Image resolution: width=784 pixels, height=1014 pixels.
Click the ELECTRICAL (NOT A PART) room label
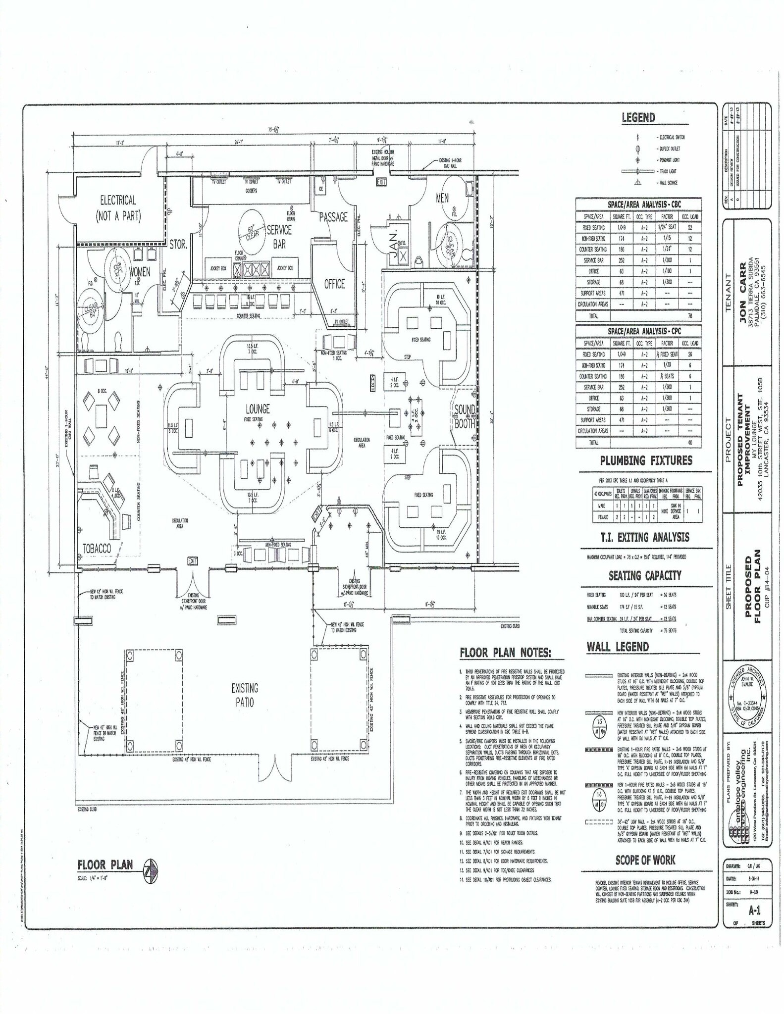tap(118, 208)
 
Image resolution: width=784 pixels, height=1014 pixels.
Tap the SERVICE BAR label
tap(279, 236)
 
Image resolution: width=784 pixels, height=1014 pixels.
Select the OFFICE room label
tap(334, 284)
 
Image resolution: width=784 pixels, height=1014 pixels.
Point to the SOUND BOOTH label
tap(465, 416)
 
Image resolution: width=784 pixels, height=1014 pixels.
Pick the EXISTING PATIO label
tap(245, 695)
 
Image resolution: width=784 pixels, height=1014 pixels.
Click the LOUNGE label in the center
tap(258, 409)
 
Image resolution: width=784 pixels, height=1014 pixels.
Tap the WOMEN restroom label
tap(140, 272)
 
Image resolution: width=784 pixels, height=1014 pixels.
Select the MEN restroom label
tap(442, 198)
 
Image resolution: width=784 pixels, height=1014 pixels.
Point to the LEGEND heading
tap(638, 117)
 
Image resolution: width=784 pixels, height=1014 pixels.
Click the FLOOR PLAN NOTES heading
tap(505, 653)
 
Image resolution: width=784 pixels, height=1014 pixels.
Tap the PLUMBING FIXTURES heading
tap(646, 460)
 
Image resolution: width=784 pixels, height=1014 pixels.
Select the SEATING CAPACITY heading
tap(645, 575)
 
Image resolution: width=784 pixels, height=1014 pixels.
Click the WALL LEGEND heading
tap(618, 647)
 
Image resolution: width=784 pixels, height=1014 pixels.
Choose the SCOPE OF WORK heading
tap(645, 860)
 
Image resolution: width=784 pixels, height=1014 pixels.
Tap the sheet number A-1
tap(754, 909)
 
